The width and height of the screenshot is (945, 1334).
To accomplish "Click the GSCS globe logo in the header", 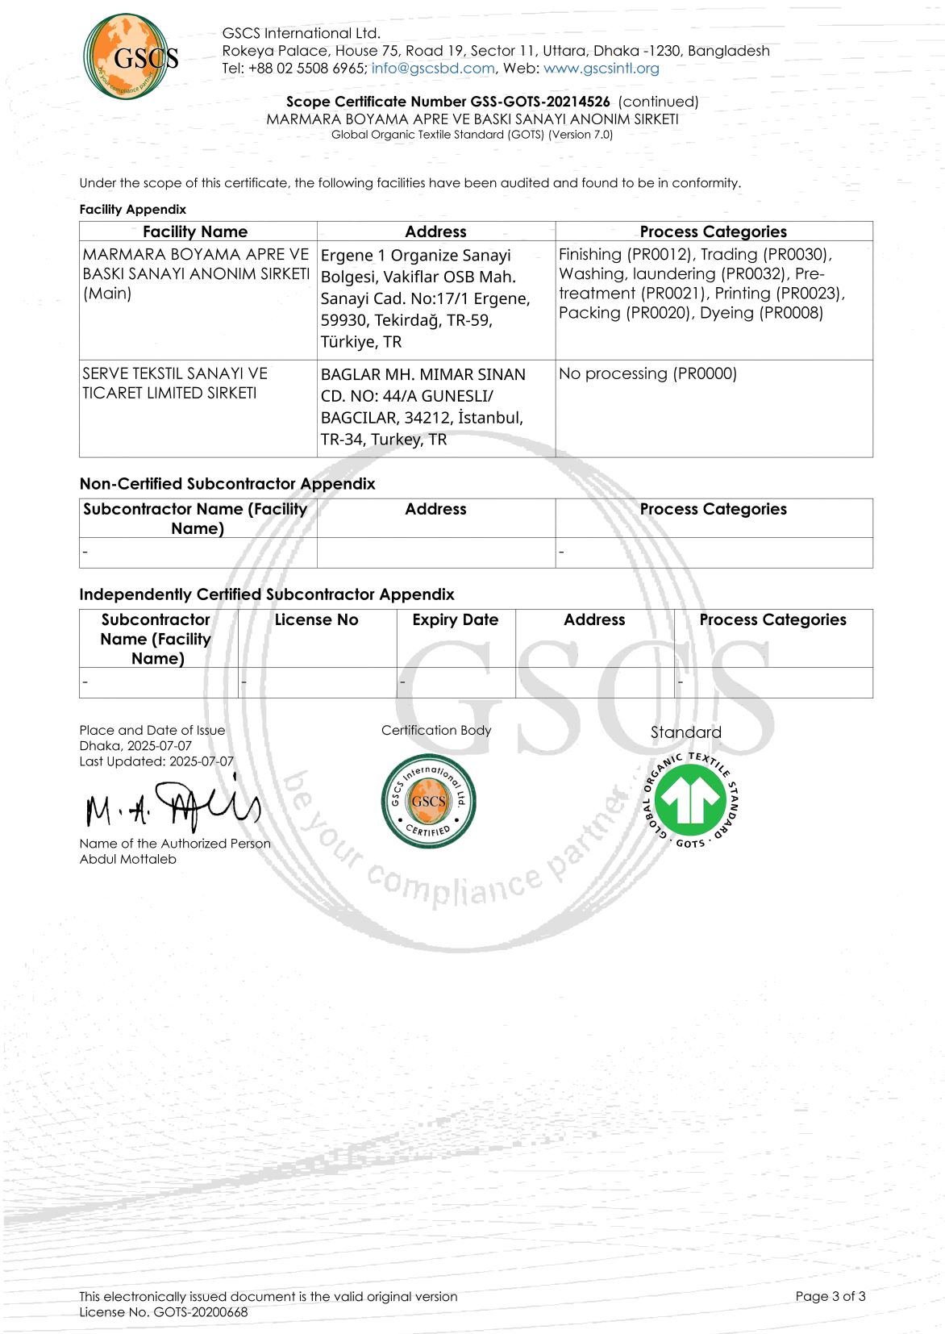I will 130,56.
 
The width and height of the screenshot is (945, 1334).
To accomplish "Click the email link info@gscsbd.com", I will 433,69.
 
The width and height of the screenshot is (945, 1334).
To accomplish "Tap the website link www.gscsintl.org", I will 601,69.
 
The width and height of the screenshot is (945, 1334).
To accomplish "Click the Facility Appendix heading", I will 132,210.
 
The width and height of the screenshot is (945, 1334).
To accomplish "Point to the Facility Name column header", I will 195,231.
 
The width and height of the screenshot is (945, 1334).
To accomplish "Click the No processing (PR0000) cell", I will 647,373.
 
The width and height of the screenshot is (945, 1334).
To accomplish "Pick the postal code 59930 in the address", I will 344,320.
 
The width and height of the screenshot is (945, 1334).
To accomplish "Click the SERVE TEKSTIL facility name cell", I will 174,383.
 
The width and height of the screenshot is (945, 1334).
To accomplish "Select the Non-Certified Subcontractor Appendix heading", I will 227,484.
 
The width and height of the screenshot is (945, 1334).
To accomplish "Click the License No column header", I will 316,619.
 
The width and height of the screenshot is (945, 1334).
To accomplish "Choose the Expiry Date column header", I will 455,619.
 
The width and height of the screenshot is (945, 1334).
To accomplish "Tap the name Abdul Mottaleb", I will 127,859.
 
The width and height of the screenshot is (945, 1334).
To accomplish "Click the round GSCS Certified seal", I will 428,801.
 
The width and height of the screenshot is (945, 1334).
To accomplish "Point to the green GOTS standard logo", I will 689,801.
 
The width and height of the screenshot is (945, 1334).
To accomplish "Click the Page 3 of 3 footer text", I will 830,1296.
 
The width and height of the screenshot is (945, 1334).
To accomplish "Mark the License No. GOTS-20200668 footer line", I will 163,1312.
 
